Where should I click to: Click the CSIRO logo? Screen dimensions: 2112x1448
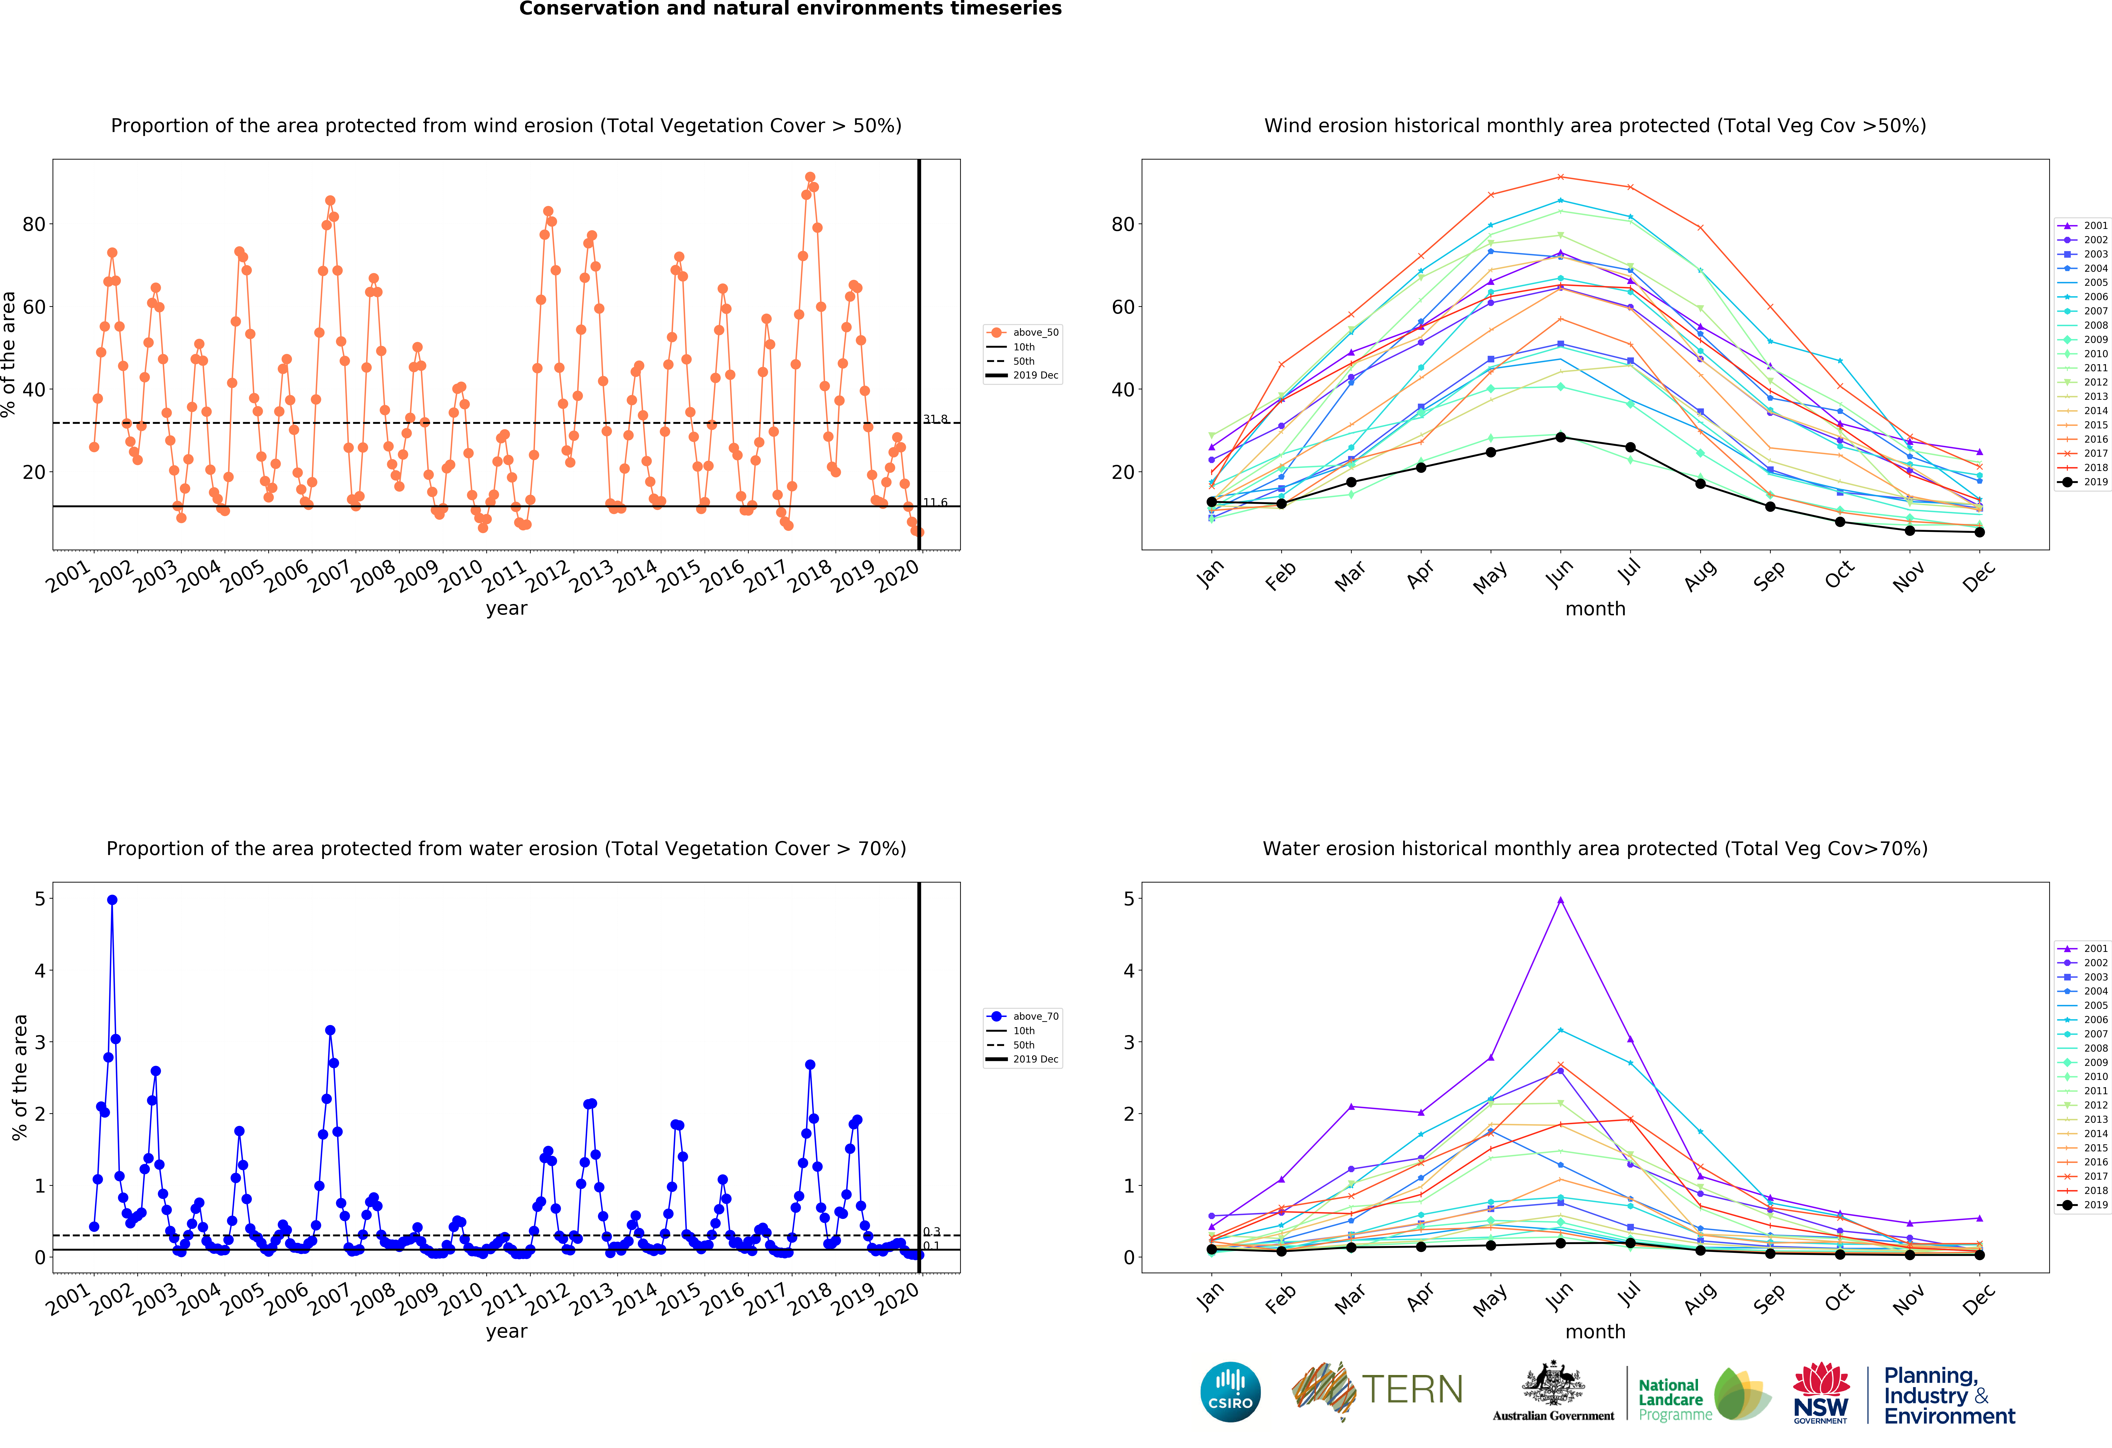tap(1230, 1392)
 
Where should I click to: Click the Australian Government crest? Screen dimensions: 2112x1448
tap(1553, 1383)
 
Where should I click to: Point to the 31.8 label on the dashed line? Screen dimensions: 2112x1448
tap(935, 419)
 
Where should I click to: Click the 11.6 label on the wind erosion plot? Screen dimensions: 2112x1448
tap(935, 503)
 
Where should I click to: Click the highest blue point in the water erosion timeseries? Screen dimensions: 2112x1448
tap(112, 900)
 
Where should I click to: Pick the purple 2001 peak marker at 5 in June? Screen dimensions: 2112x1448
tap(1560, 900)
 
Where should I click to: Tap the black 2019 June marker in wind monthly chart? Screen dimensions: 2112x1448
tap(1560, 437)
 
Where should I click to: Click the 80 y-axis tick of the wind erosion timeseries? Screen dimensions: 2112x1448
tap(34, 225)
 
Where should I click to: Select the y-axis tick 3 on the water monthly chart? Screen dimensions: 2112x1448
tap(1129, 1043)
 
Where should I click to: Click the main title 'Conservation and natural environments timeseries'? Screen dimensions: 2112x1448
tap(790, 9)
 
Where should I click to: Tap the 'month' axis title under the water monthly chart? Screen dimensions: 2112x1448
tap(1595, 1332)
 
